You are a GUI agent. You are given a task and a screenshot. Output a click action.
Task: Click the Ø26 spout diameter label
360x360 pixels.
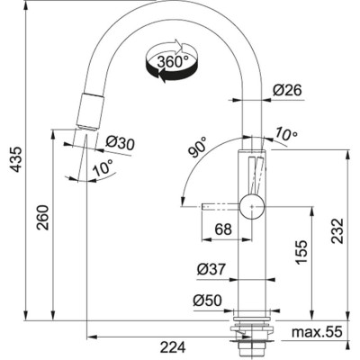[x=285, y=90]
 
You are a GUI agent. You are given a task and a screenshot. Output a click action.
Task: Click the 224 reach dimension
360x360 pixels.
[x=175, y=346]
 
